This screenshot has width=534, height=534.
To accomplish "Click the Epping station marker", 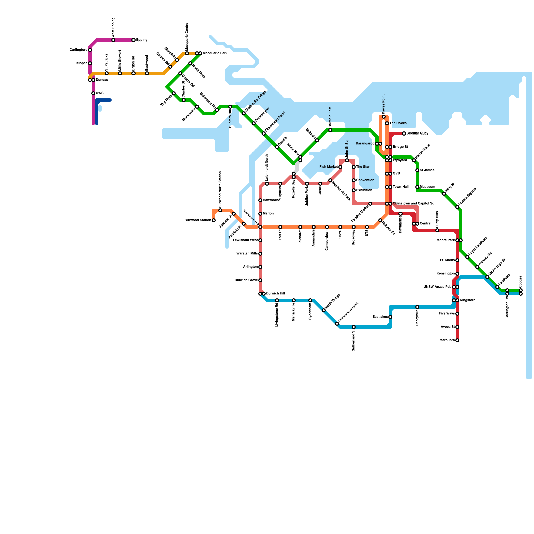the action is pos(133,40).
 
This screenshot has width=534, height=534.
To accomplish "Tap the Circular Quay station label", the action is pos(417,133).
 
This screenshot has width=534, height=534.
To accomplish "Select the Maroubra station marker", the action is pos(457,340).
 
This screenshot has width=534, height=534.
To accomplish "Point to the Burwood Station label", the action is pos(198,220).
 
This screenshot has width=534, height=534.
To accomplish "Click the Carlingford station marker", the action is pos(90,50).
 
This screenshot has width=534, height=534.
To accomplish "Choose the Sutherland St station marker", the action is pos(354,327).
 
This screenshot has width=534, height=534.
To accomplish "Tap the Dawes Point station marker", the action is pos(384,117).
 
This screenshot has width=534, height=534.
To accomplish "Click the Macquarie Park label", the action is pos(215,53).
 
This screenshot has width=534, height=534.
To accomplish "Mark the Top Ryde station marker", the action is pos(174,93).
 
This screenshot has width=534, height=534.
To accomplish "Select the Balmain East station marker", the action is pos(330,130).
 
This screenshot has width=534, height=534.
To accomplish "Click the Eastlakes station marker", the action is pos(390,317).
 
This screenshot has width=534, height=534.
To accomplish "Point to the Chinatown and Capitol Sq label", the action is pos(414,204).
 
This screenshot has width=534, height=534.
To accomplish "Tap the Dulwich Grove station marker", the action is pos(260,280).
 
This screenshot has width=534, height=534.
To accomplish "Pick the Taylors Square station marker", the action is pos(457,207).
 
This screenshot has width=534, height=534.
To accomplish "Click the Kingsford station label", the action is pos(468,300).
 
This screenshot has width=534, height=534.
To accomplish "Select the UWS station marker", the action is pos(93,93).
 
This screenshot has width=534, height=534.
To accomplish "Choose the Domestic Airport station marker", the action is pos(337,324).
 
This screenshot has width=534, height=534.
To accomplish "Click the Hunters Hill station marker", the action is pos(230,107).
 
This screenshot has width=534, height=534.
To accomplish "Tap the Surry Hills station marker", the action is pos(437,230).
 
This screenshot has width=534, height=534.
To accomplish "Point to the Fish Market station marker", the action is pos(340,167).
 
